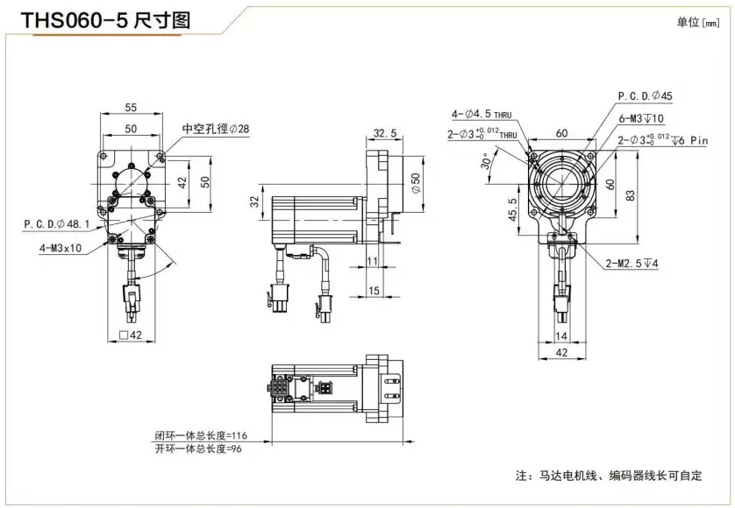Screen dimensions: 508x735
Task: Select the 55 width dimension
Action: click(131, 108)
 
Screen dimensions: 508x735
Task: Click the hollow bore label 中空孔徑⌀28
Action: click(215, 129)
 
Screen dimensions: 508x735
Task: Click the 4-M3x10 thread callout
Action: click(61, 247)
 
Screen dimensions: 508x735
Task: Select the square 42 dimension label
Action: click(130, 335)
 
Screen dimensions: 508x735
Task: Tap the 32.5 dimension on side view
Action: click(384, 133)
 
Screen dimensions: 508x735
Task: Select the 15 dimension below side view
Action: click(373, 290)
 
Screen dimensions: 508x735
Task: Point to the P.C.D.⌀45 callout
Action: click(645, 95)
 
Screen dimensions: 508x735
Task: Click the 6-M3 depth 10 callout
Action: click(641, 118)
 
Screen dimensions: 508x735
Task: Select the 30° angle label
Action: click(486, 164)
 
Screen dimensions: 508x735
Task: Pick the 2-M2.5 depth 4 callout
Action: click(633, 263)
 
